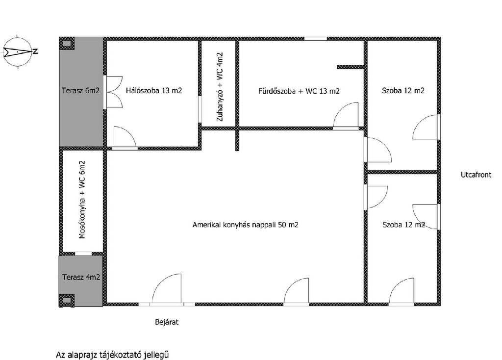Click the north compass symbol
[19, 51]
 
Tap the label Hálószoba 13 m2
[154, 91]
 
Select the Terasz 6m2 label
[81, 91]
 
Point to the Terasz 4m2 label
[81, 277]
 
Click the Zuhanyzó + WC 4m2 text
[220, 87]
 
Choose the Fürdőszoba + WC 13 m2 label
[299, 91]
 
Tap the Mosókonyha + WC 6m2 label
[82, 200]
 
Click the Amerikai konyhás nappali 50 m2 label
[245, 225]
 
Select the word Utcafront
[476, 175]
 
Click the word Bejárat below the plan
[167, 322]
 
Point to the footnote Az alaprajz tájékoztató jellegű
[112, 355]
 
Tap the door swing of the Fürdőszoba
[346, 115]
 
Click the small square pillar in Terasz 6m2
[67, 44]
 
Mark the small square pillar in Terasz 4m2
[67, 300]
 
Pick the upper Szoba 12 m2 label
[403, 91]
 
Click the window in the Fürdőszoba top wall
[315, 39]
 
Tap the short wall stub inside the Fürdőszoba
[350, 67]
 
